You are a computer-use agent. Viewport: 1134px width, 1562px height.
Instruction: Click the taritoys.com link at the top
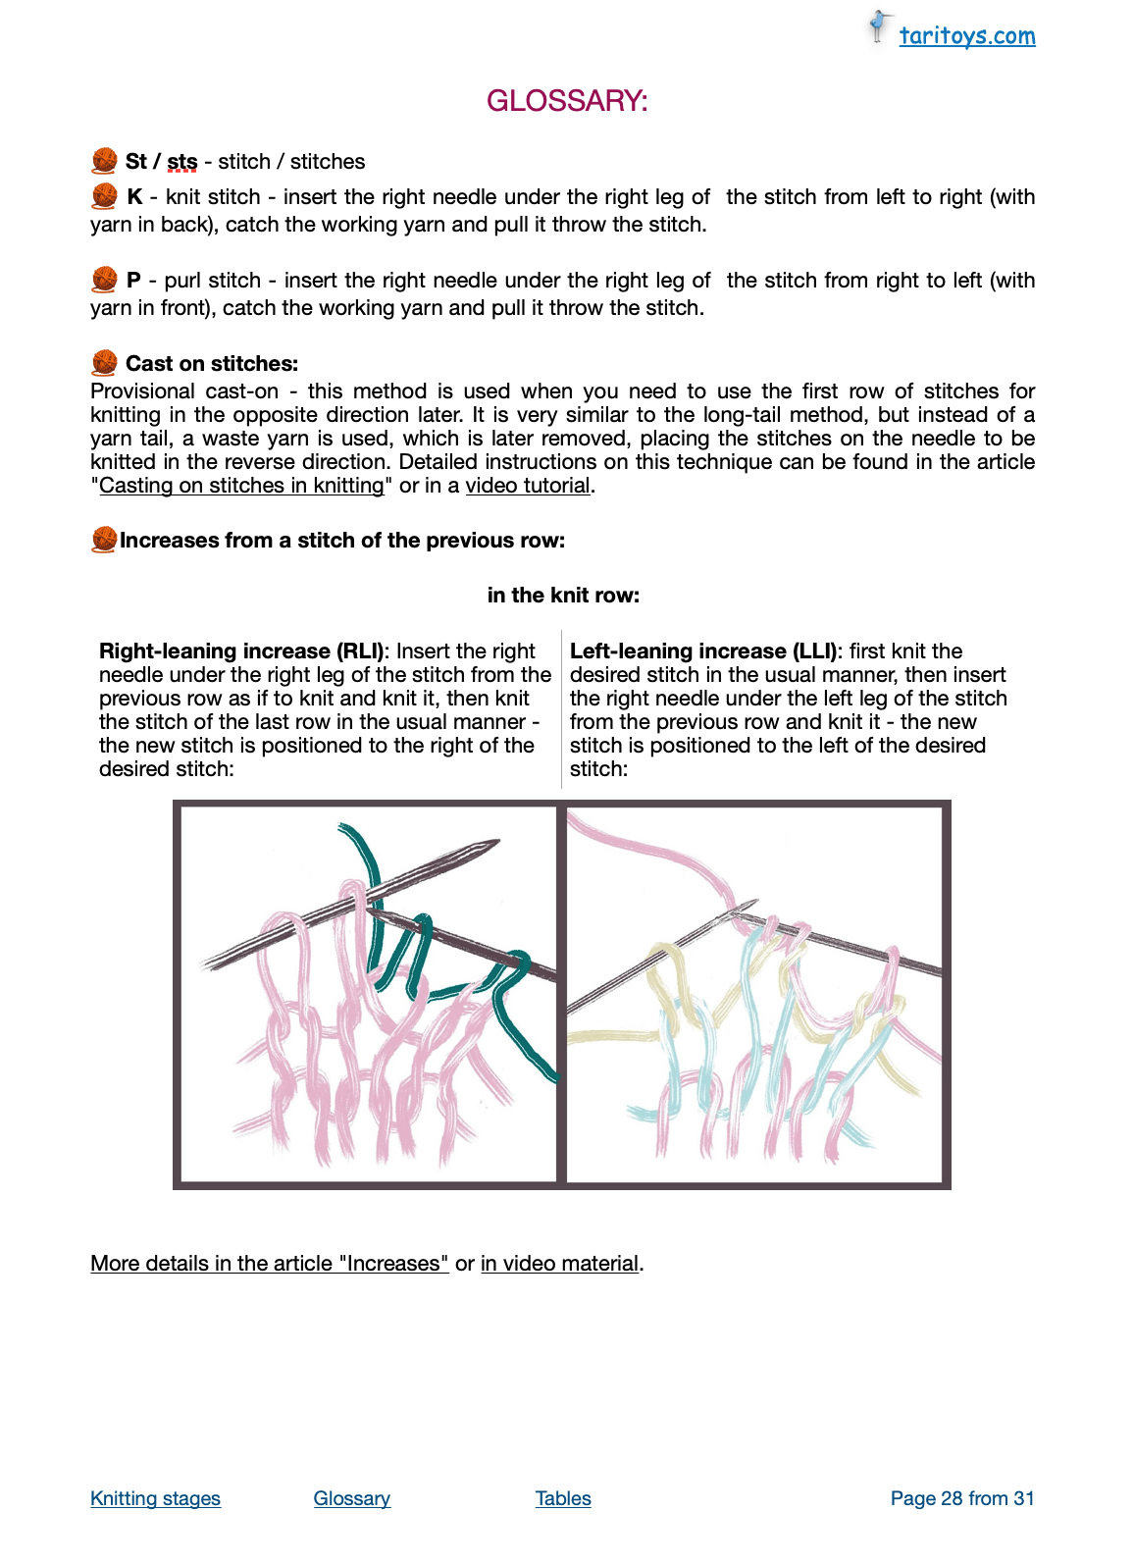point(966,36)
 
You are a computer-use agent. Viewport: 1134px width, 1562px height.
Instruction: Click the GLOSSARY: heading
point(567,101)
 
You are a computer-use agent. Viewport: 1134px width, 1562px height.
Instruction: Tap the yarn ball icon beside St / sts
point(104,161)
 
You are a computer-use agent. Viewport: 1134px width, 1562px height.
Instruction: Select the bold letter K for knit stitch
point(134,197)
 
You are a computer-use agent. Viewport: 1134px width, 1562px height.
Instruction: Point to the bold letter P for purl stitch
point(133,281)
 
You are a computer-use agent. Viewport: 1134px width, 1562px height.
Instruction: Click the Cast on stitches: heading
point(211,364)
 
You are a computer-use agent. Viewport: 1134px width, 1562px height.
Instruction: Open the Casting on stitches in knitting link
point(241,486)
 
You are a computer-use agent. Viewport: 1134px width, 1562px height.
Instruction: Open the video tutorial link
point(528,486)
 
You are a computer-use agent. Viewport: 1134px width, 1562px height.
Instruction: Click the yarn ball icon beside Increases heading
point(104,540)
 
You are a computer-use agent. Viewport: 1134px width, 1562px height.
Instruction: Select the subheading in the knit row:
point(563,596)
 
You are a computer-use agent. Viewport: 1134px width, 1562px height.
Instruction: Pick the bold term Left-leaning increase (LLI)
point(703,651)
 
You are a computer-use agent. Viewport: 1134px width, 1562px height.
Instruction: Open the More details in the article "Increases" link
point(270,1264)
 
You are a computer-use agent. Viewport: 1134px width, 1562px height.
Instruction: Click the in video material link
point(559,1264)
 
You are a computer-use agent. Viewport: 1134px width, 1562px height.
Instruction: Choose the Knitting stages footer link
point(155,1498)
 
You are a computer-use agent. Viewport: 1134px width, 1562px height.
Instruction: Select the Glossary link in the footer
point(352,1498)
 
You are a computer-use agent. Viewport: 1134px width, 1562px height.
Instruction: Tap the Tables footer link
point(563,1498)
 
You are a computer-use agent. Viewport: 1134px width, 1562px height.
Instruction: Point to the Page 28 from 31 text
point(962,1498)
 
